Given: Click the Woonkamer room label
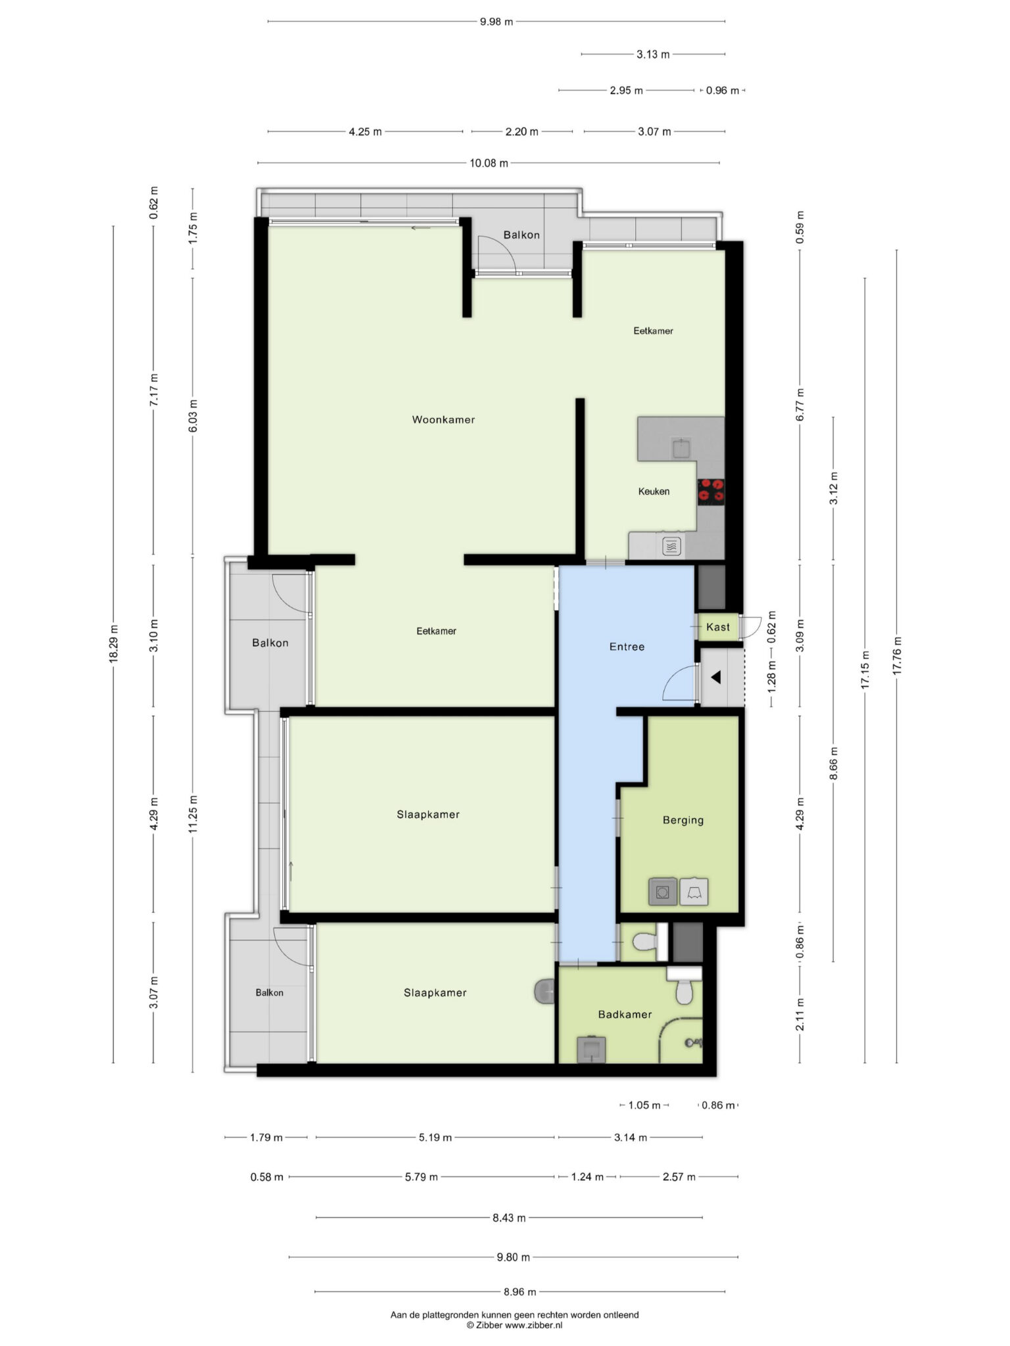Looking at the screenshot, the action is (x=443, y=420).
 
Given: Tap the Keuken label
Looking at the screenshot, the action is (x=654, y=492).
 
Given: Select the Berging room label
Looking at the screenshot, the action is (x=683, y=820).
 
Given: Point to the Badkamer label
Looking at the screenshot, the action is (x=625, y=1015).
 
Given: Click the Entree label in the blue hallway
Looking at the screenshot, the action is (x=627, y=647).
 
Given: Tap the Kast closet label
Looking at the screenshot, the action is (x=718, y=627).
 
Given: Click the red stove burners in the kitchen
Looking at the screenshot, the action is (x=711, y=492).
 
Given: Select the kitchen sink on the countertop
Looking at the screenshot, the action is (x=681, y=449).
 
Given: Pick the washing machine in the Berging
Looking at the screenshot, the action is (x=663, y=892).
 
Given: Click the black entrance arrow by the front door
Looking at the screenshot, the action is (x=715, y=676).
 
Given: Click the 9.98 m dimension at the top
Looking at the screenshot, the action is (x=496, y=22).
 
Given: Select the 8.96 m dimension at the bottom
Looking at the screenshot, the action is (x=520, y=1291).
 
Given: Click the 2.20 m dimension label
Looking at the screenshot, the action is (x=521, y=131).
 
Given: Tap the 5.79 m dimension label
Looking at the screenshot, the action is (x=421, y=1176).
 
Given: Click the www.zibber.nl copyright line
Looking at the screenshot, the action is (x=515, y=1325).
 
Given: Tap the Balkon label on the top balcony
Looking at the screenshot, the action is (x=521, y=235).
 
